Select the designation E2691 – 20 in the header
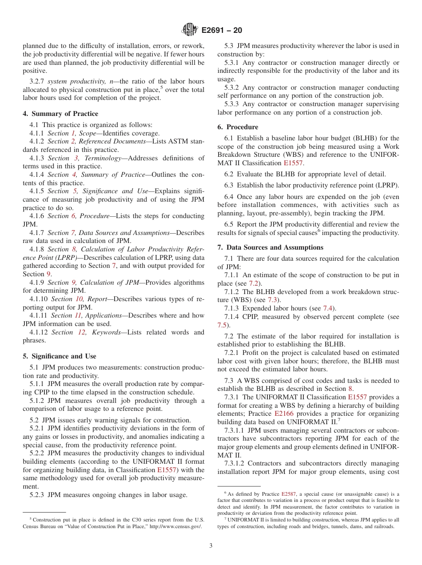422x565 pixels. point(222,31)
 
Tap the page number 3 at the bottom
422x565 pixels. point(211,546)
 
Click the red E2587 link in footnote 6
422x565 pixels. point(287,494)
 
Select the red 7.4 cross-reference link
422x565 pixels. point(329,308)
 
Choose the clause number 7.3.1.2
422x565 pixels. point(235,463)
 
